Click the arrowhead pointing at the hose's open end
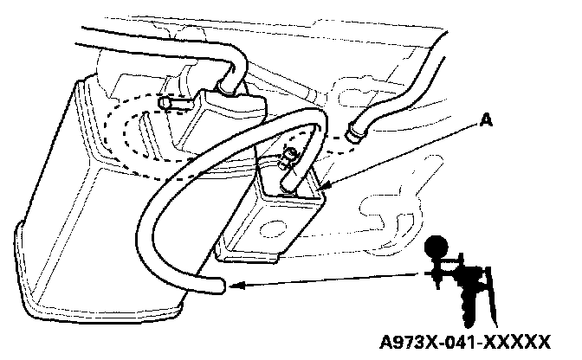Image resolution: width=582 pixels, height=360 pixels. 237,284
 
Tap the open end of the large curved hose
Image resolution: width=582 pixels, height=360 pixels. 222,285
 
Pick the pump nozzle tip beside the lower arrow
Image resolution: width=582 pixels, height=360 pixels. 426,273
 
